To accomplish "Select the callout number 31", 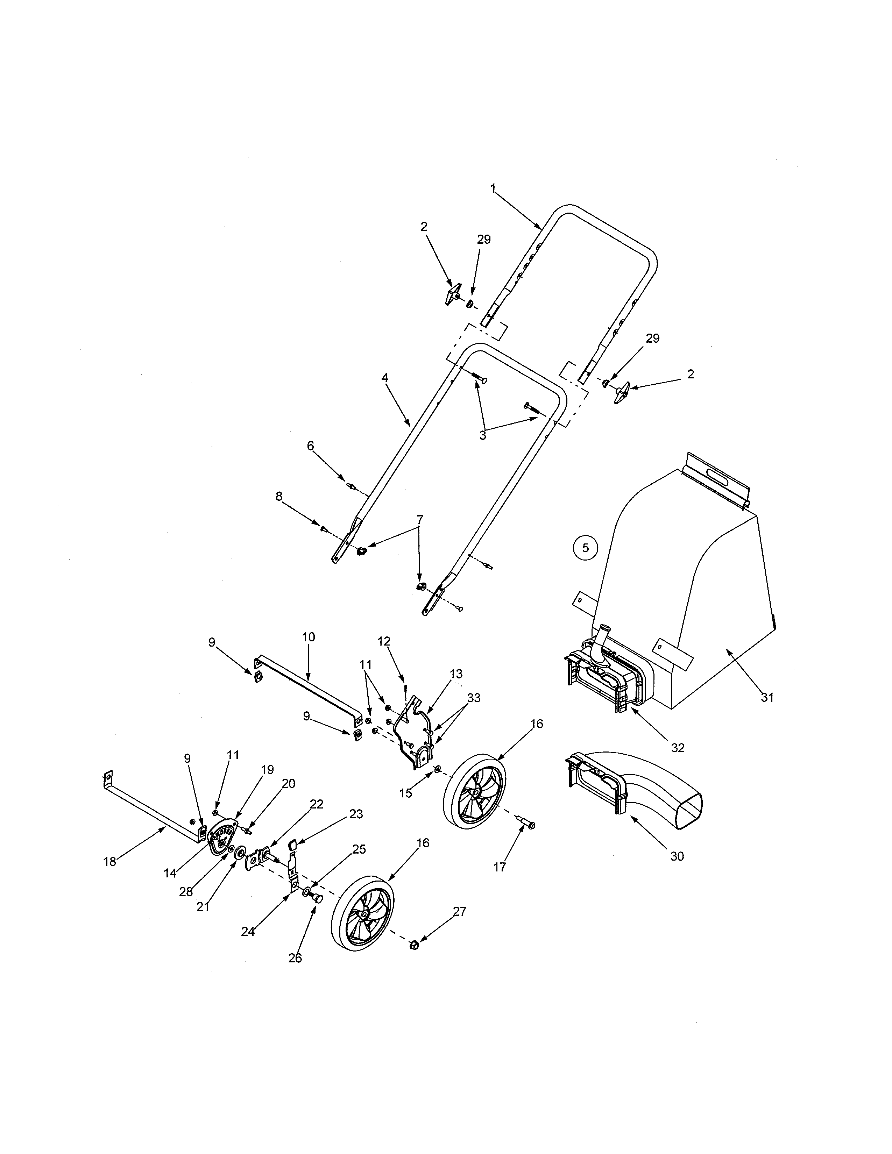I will click(x=767, y=698).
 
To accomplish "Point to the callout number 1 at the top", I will click(x=493, y=188).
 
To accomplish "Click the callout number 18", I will click(x=109, y=862).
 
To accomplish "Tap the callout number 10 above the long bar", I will click(x=309, y=637).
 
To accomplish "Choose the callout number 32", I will click(x=678, y=748).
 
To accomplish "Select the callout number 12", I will click(x=384, y=641).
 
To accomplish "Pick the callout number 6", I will click(x=310, y=446).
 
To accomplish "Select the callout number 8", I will click(x=279, y=497).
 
